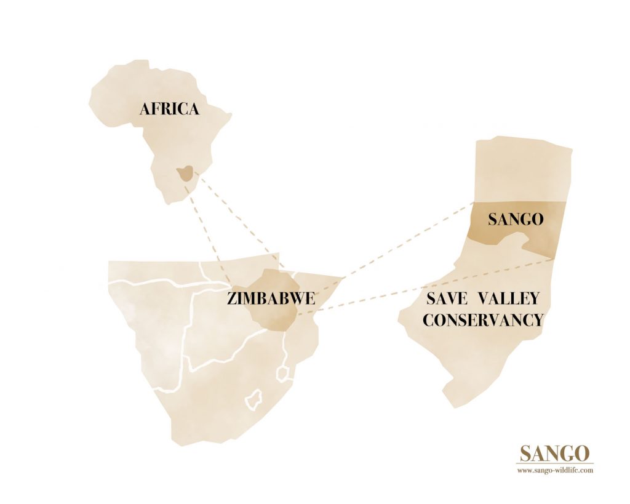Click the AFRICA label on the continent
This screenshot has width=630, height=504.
click(x=169, y=110)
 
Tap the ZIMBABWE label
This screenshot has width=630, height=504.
click(x=271, y=299)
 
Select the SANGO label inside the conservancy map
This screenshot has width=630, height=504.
click(x=516, y=220)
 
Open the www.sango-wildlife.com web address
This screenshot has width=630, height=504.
click(x=555, y=470)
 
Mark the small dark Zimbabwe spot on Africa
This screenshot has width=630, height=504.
click(x=184, y=174)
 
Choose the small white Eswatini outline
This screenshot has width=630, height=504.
click(x=283, y=374)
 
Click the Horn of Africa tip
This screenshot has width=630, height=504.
click(x=230, y=114)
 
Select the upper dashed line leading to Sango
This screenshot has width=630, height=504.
click(x=406, y=240)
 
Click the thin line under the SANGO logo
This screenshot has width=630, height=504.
click(x=555, y=463)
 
